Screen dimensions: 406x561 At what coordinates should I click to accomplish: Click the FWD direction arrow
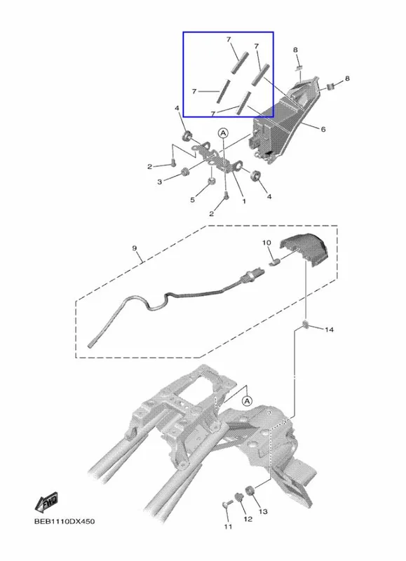click(x=46, y=503)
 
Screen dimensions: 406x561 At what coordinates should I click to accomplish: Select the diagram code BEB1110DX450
click(x=65, y=521)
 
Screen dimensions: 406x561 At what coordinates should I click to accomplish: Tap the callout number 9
click(x=135, y=248)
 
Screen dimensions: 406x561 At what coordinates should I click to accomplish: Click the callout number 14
click(x=329, y=329)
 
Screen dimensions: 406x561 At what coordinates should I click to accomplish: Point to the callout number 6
click(x=323, y=129)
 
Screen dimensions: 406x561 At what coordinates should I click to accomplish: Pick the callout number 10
click(x=267, y=243)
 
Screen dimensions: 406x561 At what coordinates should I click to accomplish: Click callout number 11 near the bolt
click(x=228, y=527)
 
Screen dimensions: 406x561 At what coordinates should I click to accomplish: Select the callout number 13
click(x=263, y=512)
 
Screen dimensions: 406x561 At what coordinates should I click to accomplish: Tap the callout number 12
click(x=248, y=519)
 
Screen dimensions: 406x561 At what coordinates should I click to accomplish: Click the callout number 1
click(x=244, y=201)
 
